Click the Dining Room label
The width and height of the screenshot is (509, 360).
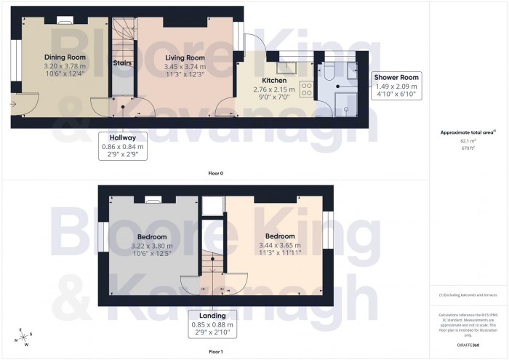(65, 57)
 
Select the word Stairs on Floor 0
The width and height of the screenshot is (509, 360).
(122, 63)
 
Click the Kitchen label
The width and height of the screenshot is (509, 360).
(275, 81)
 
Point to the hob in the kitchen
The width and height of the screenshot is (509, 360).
(306, 89)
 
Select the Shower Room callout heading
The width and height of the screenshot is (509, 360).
(396, 77)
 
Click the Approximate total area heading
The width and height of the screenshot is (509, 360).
(467, 133)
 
